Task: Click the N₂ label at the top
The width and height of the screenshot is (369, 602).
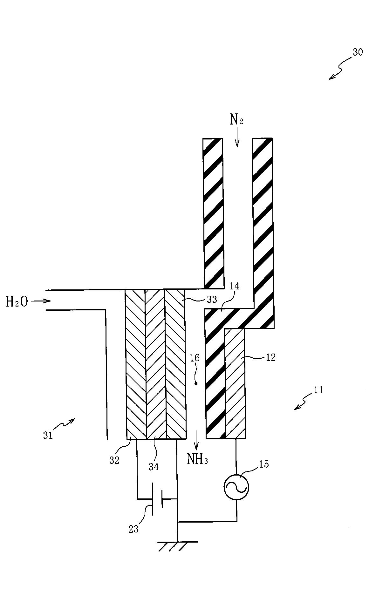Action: pos(236,119)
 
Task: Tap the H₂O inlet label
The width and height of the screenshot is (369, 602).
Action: pos(17,301)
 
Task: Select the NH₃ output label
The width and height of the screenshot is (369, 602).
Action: pos(197,459)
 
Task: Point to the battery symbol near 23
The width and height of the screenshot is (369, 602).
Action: pos(157,499)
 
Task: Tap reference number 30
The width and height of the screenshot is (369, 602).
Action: pos(358,52)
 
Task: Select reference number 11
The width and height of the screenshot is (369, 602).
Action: pos(318,390)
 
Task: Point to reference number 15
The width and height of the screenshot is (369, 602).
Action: pos(264,464)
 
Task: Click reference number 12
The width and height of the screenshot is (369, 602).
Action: pos(270,357)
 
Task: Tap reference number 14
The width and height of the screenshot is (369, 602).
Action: pos(235,286)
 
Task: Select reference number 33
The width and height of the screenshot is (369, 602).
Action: pos(212,299)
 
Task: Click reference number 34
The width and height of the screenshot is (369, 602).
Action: pos(154,467)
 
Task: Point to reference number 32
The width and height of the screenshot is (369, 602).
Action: pos(114,460)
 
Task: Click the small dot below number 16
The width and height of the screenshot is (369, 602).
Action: pos(196,383)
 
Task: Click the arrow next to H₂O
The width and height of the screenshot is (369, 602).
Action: pos(41,301)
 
